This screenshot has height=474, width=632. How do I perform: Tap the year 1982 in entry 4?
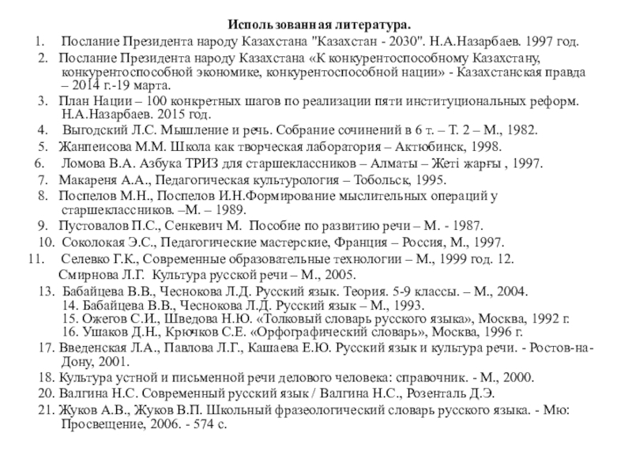coord(521,131)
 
